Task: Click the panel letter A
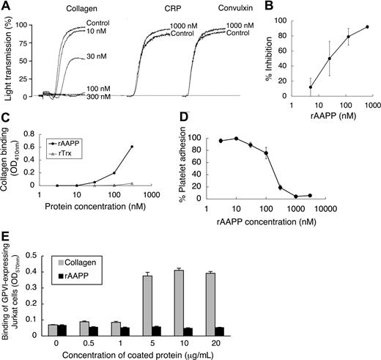[7, 6]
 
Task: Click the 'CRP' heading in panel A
[150, 8]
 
